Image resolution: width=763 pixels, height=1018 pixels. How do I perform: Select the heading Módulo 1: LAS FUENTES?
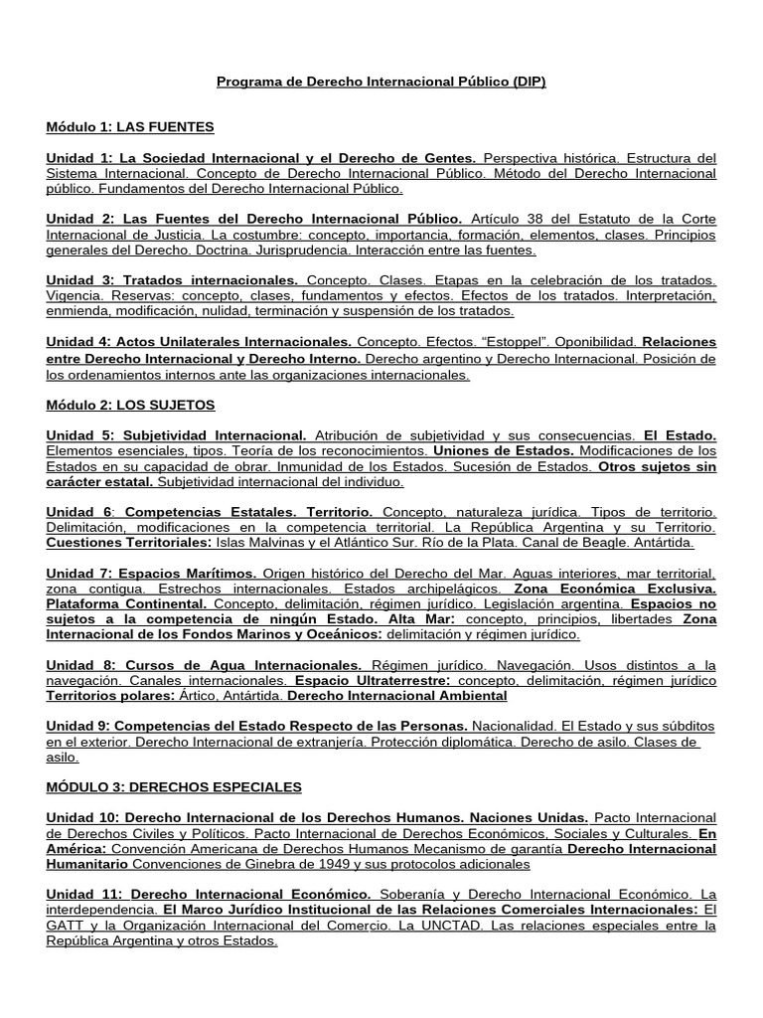pos(130,127)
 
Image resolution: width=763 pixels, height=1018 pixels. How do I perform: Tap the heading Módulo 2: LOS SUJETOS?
pos(130,405)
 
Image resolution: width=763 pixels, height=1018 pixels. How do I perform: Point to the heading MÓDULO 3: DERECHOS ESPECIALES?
pos(174,787)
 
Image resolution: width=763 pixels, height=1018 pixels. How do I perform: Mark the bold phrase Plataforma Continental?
pos(127,603)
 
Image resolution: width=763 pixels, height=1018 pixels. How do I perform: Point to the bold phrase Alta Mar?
pos(420,618)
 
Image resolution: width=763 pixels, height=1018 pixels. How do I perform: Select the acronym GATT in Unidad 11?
pos(69,926)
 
